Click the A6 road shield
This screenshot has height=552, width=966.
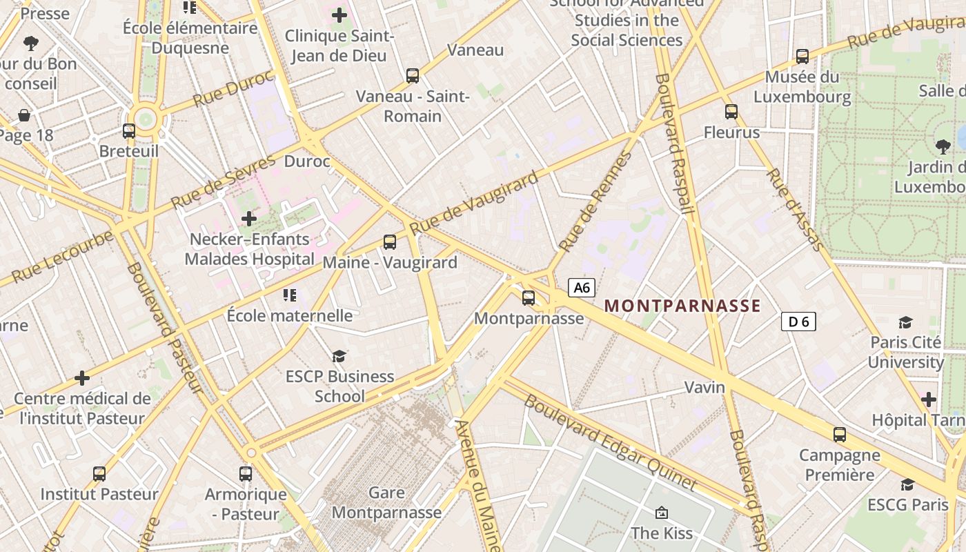pyautogui.click(x=582, y=288)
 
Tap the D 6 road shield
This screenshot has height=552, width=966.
pyautogui.click(x=798, y=321)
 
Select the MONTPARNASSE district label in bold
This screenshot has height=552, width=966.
pyautogui.click(x=682, y=306)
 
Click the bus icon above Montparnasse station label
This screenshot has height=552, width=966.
pyautogui.click(x=529, y=298)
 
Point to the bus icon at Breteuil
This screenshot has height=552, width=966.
pyautogui.click(x=129, y=131)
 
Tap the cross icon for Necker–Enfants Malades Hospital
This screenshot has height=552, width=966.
pyautogui.click(x=248, y=219)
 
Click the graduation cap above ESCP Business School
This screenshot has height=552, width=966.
pyautogui.click(x=339, y=356)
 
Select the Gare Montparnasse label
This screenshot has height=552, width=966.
pyautogui.click(x=386, y=502)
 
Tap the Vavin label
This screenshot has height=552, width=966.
pyautogui.click(x=704, y=387)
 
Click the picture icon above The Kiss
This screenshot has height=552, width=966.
pyautogui.click(x=661, y=513)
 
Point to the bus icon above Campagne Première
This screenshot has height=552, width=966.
pyautogui.click(x=840, y=435)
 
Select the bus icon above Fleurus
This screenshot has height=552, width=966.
pyautogui.click(x=731, y=111)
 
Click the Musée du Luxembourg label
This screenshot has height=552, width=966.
pyautogui.click(x=802, y=87)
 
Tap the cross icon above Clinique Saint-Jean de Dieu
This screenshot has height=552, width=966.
pyautogui.click(x=339, y=14)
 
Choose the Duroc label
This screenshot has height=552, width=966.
pyautogui.click(x=307, y=162)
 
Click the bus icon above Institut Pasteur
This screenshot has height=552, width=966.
pyautogui.click(x=99, y=474)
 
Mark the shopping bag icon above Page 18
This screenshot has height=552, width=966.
pyautogui.click(x=24, y=115)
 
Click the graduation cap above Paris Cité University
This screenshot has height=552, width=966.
pyautogui.click(x=905, y=322)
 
